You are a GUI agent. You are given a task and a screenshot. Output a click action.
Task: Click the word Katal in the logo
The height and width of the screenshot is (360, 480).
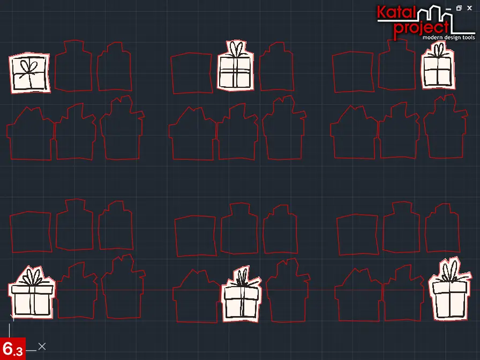[x=396, y=12]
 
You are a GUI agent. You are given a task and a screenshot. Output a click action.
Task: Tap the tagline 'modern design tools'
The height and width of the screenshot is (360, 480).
[x=448, y=37]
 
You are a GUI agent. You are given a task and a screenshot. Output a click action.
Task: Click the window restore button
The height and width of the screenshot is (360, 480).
[x=459, y=8]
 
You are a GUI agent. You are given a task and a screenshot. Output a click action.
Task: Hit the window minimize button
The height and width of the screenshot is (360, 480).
[x=448, y=9]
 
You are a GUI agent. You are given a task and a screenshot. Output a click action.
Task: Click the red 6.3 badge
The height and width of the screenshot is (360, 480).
[x=12, y=349]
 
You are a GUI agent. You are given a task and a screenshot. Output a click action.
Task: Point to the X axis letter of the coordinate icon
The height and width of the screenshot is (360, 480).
[x=42, y=347]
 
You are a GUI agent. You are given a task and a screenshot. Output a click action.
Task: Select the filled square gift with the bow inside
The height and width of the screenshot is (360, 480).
[x=29, y=73]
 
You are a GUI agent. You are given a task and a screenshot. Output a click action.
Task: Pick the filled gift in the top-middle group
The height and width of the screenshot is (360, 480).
[x=235, y=66]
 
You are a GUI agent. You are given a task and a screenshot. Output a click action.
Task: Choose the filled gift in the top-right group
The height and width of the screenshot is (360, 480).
[x=438, y=66]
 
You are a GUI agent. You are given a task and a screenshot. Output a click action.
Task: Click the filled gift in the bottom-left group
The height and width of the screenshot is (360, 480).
[x=32, y=292]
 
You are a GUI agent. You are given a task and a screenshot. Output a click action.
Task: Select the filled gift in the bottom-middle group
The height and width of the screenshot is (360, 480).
[x=241, y=295]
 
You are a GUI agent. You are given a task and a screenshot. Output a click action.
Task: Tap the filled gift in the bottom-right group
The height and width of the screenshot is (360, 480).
[x=449, y=290]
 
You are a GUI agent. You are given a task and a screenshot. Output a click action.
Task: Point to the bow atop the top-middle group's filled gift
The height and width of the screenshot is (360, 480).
[x=236, y=49]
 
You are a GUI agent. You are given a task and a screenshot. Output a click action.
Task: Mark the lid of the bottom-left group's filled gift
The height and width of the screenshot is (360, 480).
[x=32, y=289]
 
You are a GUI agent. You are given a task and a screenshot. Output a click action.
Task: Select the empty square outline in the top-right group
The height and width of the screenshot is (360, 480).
[x=353, y=72]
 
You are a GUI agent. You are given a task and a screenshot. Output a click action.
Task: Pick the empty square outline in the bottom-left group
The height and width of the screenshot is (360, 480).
[x=31, y=232]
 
